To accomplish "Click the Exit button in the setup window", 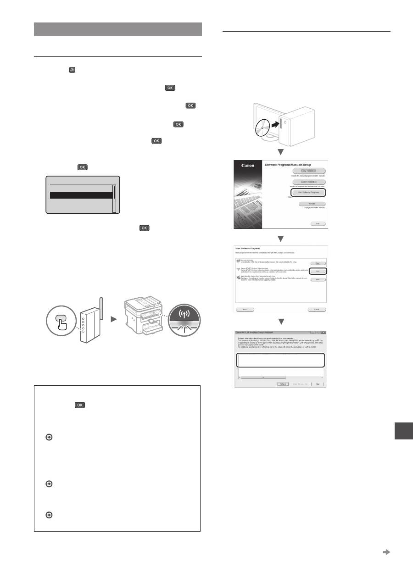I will pyautogui.click(x=317, y=223).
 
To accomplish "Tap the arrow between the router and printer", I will pyautogui.click(x=111, y=318).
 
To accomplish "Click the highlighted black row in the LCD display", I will pyautogui.click(x=81, y=195).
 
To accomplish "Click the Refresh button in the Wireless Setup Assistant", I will pyautogui.click(x=283, y=384).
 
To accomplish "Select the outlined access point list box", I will pyautogui.click(x=281, y=360).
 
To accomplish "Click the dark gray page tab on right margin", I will pyautogui.click(x=404, y=432).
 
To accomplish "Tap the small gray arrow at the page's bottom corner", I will pyautogui.click(x=386, y=552).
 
